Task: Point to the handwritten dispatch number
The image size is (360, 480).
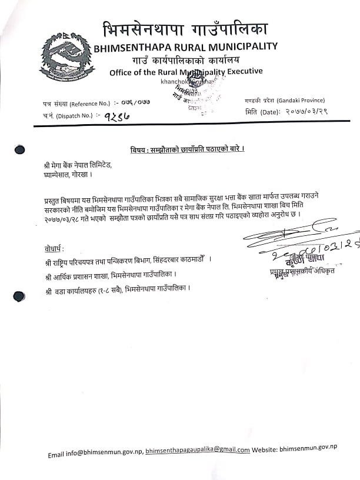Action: [x=116, y=116]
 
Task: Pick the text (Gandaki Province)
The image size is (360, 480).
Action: [x=288, y=101]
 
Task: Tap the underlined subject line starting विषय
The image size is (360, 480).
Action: [x=186, y=149]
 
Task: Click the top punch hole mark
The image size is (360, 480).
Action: [x=19, y=149]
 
